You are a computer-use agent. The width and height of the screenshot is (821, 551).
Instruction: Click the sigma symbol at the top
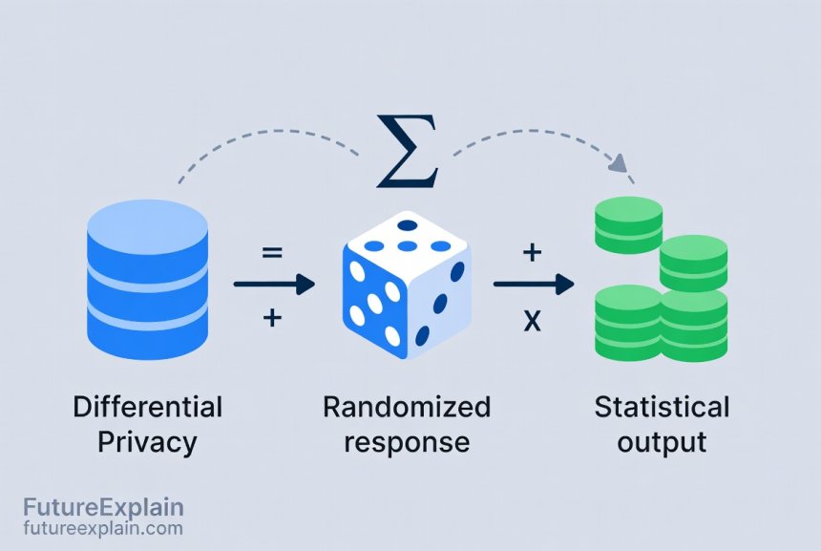coord(408,151)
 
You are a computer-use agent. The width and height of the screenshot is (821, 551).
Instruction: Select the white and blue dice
coord(406,285)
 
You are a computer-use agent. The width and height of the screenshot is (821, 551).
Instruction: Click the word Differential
coord(147,408)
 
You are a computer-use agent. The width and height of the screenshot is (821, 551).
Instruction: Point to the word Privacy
coord(147,442)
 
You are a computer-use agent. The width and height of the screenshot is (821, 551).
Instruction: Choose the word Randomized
coord(406,408)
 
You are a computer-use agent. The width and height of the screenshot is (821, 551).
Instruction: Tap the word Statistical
coord(662,408)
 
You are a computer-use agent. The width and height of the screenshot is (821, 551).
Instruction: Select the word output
coord(662,442)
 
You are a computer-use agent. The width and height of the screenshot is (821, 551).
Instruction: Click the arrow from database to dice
coord(274,284)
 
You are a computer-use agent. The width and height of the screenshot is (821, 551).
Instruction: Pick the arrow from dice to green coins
coord(533,284)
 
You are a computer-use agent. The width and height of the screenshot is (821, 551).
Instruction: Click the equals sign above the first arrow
coord(272,253)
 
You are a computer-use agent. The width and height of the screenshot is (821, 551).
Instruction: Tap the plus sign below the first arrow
coord(272,318)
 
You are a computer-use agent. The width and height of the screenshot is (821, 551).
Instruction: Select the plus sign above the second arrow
coord(532,253)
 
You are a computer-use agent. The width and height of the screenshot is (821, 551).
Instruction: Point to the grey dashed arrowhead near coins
coord(621,164)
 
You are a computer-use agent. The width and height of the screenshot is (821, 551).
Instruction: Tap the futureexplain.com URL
coord(103,527)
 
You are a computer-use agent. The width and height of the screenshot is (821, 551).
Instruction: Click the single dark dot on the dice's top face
coord(408,225)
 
